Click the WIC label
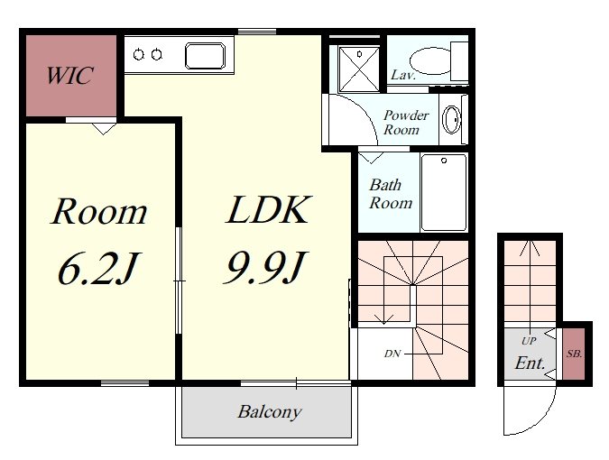(x=69, y=75)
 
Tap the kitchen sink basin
(x=205, y=56)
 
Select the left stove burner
(x=139, y=55)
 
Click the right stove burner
(x=156, y=55)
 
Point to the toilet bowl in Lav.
(x=430, y=61)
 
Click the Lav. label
(x=403, y=75)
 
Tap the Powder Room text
(x=406, y=122)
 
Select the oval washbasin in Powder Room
(x=452, y=120)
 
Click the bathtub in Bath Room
(x=444, y=192)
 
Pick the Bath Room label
(x=391, y=194)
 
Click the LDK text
(x=268, y=209)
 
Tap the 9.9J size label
(x=265, y=267)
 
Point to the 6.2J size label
(x=97, y=268)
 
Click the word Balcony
(x=270, y=411)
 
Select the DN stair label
(x=392, y=354)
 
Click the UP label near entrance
(x=529, y=341)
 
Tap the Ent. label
(x=530, y=363)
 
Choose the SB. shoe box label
(x=574, y=354)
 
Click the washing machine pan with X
(x=358, y=69)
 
